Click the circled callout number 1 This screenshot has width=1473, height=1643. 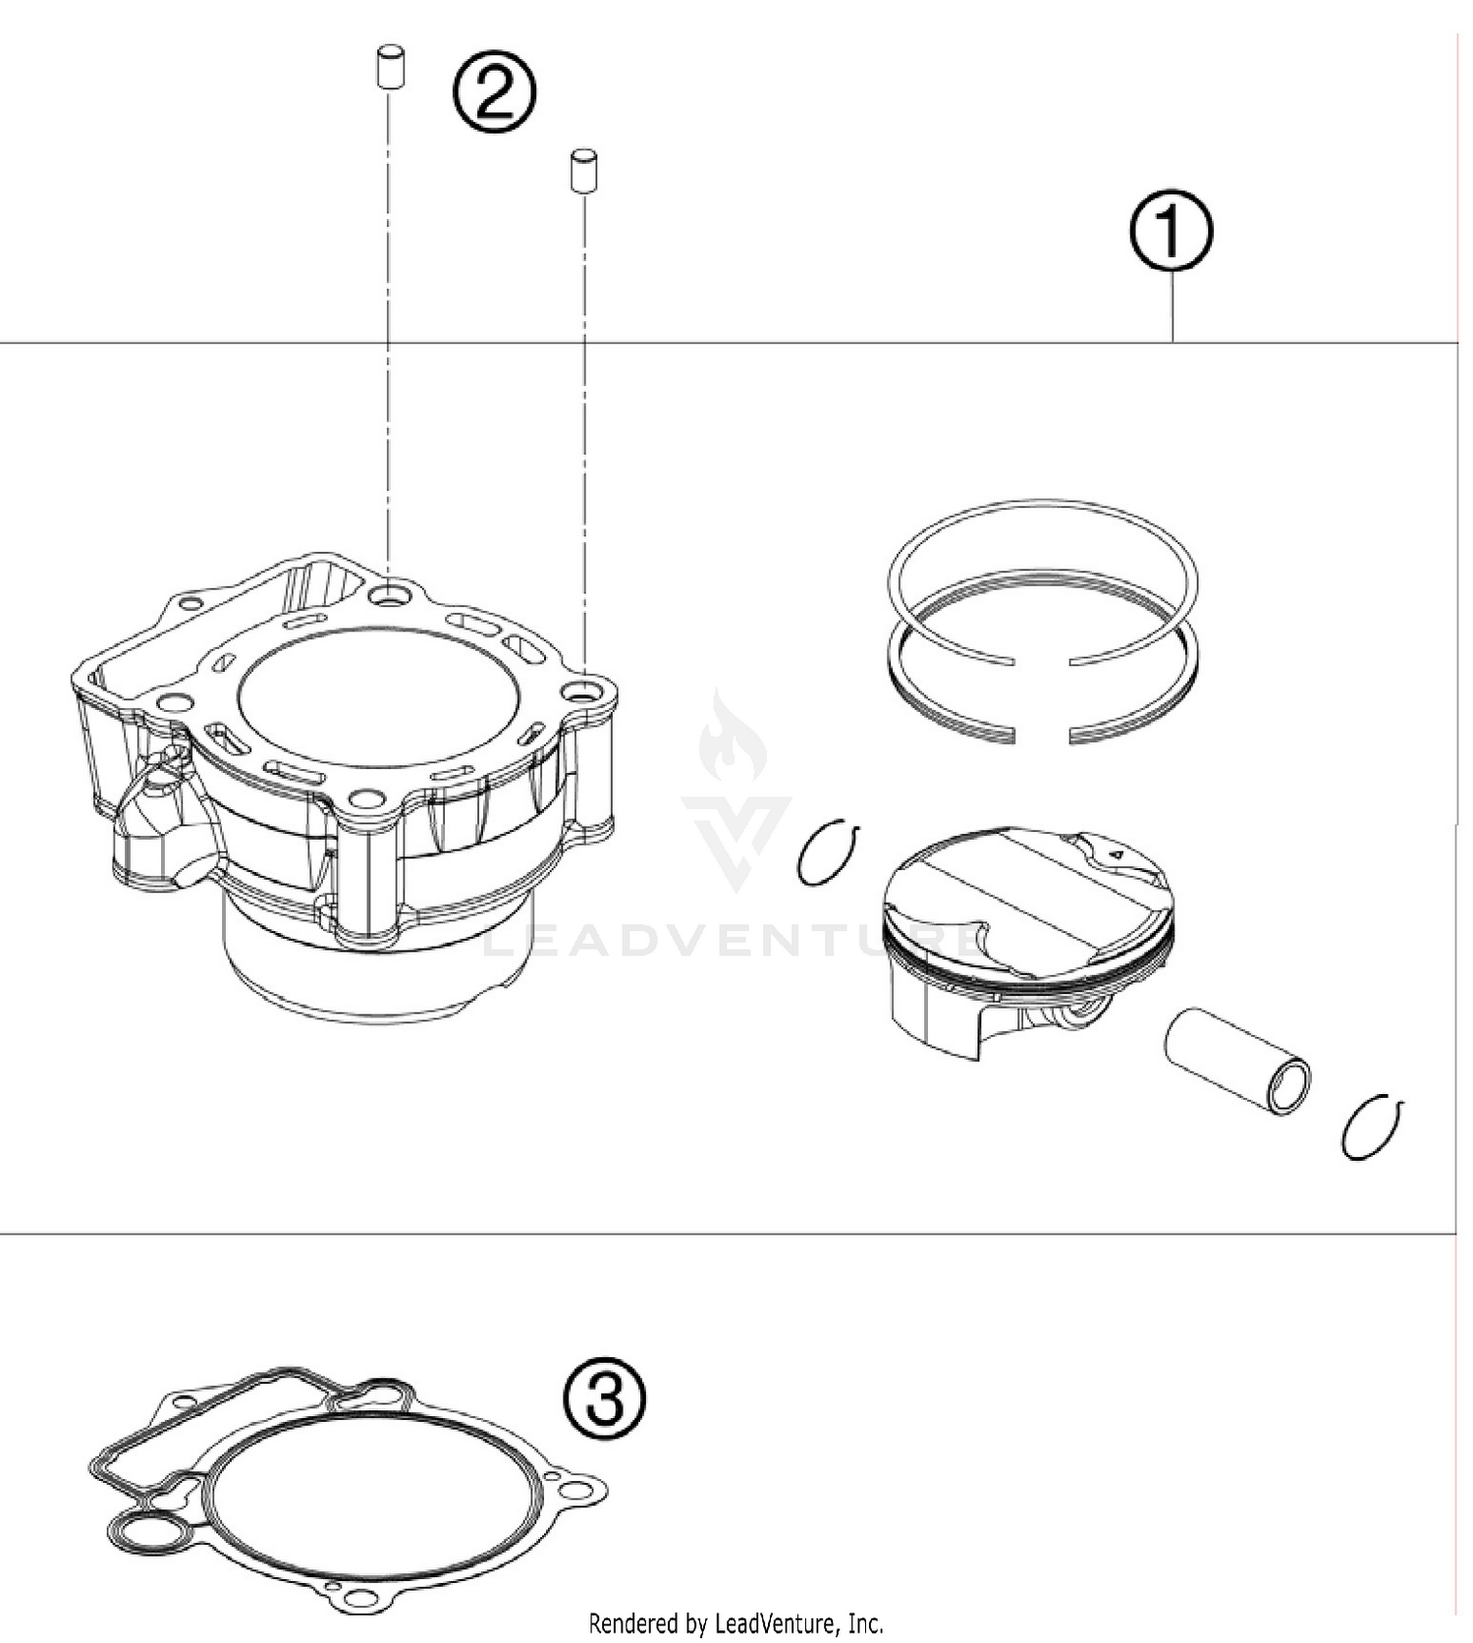[1171, 231]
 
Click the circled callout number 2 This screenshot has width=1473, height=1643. [494, 92]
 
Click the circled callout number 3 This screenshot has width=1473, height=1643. [605, 1397]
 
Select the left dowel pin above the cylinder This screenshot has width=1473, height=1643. [391, 68]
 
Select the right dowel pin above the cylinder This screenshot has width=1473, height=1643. [584, 170]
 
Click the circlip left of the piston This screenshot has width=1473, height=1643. [827, 851]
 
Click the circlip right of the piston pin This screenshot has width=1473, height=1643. [1371, 1126]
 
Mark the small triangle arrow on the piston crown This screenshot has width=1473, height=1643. [1115, 854]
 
